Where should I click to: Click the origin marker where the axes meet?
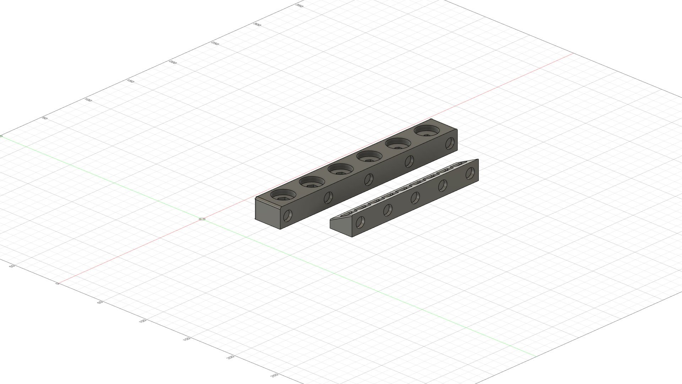pos(202,219)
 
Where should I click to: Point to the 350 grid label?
pos(299,6)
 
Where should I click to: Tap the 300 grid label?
pos(257,25)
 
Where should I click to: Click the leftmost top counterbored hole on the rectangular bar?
pos(283,195)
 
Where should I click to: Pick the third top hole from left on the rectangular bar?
pos(341,169)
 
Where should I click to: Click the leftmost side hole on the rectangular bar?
pos(288,215)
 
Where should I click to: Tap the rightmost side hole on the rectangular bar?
pos(450,143)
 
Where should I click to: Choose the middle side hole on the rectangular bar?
pos(369,180)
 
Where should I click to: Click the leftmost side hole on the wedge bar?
pos(360,222)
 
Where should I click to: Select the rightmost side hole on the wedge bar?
pos(470,173)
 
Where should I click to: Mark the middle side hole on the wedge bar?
pos(415,198)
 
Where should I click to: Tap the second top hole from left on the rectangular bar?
pos(312,182)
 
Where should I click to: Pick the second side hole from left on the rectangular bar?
pos(328,198)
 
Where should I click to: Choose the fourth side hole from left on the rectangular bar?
pos(409,161)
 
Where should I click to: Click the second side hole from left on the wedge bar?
pos(388,210)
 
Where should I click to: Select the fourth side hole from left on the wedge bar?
pos(443,185)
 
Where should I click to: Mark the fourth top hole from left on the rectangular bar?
pos(369,156)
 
